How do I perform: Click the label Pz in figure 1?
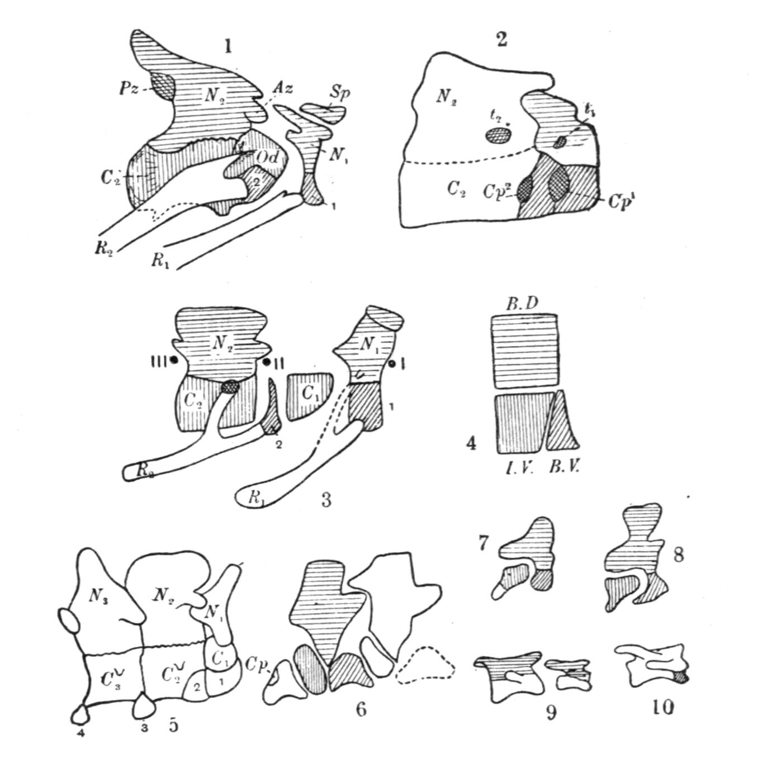127,87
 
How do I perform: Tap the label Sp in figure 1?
338,93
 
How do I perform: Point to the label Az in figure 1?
283,89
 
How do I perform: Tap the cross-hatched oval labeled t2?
498,135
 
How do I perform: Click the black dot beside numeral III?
174,361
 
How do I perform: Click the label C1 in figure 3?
308,393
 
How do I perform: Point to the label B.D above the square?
522,304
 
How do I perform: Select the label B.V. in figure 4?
563,467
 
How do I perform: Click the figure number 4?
471,444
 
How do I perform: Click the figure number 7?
485,542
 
